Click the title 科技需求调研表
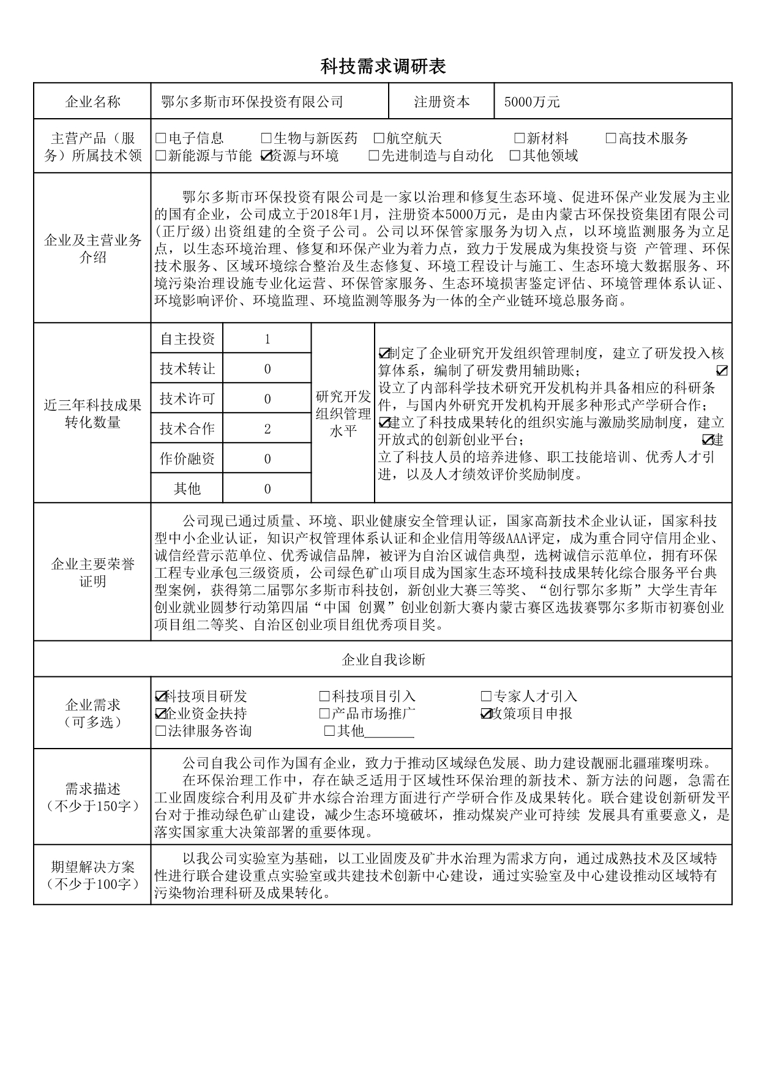point(383,67)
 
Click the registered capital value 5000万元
point(531,102)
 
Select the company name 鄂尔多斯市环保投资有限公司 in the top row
point(252,102)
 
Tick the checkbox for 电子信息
point(161,138)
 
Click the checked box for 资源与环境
point(266,156)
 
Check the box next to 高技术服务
point(611,138)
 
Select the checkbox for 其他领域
point(515,156)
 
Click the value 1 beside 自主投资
point(267,339)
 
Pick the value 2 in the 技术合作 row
point(267,429)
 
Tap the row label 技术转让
point(187,369)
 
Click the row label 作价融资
point(187,459)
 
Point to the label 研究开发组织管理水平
point(343,414)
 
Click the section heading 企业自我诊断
point(383,660)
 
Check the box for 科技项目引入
point(324,697)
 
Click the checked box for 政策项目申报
point(487,714)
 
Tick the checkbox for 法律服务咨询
point(161,731)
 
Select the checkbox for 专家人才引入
point(487,697)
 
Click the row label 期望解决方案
point(92,867)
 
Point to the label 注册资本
point(442,102)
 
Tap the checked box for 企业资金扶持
point(161,714)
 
